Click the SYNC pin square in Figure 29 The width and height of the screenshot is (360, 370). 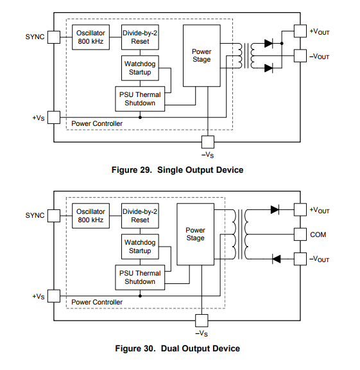click(x=54, y=37)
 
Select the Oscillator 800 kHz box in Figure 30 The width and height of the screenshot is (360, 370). click(x=90, y=216)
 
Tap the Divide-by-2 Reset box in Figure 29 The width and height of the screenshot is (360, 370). click(x=140, y=37)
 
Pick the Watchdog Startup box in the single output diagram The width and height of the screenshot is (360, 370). click(x=140, y=68)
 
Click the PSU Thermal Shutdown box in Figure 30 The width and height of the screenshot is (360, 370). click(x=140, y=277)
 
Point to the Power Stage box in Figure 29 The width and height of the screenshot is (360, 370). click(x=201, y=56)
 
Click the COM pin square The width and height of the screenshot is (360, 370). click(x=300, y=234)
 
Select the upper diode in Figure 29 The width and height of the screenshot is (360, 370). click(x=269, y=44)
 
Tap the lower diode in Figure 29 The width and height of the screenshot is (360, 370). click(x=269, y=68)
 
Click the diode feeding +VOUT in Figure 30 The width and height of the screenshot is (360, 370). click(x=275, y=209)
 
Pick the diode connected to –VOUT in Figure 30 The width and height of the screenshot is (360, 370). click(x=277, y=259)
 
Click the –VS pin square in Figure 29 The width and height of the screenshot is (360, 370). click(x=208, y=142)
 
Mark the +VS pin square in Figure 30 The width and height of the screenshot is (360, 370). click(x=54, y=296)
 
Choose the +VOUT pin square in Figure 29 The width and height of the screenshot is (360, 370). click(x=300, y=31)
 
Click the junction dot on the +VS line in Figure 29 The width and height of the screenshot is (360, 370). click(x=141, y=118)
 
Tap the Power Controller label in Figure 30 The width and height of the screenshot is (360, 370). click(x=97, y=302)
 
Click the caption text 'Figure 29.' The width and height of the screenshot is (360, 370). click(x=132, y=170)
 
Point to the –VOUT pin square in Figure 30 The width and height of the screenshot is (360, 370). click(x=300, y=259)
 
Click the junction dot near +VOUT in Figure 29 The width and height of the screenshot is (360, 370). click(x=282, y=44)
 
